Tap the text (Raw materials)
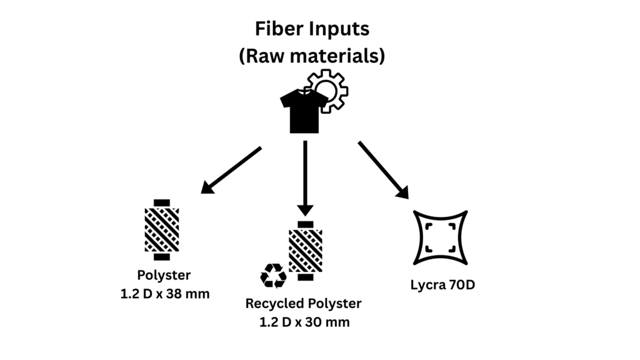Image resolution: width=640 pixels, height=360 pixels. tap(311, 56)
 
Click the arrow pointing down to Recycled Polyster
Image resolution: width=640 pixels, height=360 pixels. tap(305, 178)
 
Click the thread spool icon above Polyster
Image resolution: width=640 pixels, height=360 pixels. tap(162, 229)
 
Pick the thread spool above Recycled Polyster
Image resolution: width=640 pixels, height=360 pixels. tap(305, 250)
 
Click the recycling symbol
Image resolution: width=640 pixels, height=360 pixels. tap(273, 275)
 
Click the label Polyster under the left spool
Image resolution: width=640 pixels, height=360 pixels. tap(164, 276)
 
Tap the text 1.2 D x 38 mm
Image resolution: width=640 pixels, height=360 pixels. tap(164, 293)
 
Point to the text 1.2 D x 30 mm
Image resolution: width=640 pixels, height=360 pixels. tap(304, 322)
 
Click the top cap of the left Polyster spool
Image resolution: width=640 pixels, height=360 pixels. tap(162, 202)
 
